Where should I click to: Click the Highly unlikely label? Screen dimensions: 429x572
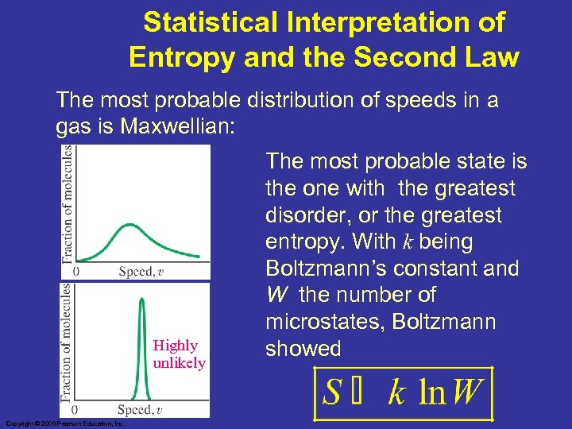(x=179, y=354)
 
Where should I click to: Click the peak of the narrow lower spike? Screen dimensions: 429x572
(x=142, y=300)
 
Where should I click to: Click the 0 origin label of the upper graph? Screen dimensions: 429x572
(x=76, y=272)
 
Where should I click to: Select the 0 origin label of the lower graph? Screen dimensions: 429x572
(x=76, y=409)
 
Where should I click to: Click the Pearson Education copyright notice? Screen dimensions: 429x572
(x=64, y=424)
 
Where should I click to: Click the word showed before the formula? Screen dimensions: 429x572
(x=303, y=349)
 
